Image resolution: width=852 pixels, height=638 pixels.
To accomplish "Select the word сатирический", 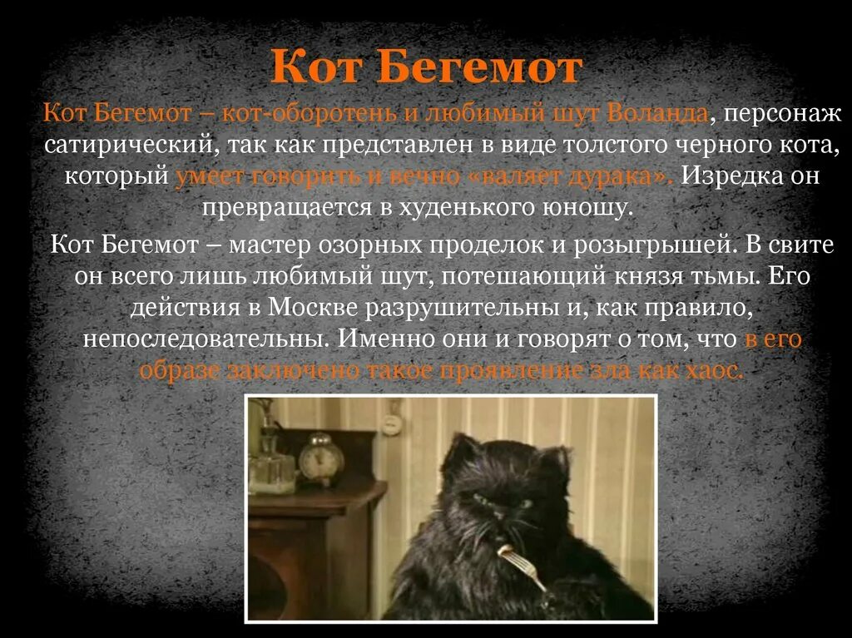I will pos(130,144).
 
